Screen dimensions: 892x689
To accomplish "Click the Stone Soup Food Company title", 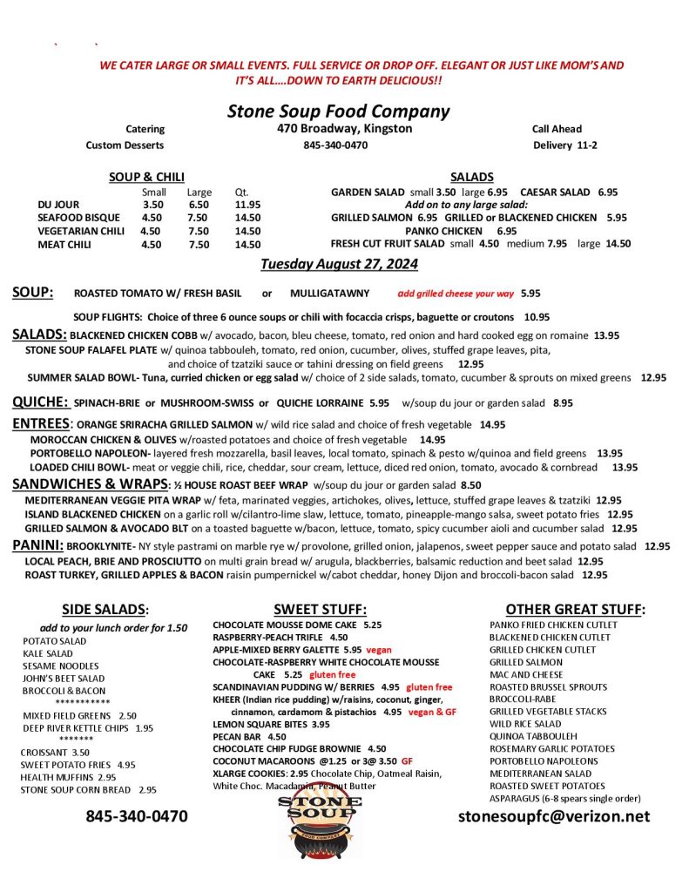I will (x=338, y=111).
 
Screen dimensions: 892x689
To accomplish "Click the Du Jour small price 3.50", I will (x=152, y=205).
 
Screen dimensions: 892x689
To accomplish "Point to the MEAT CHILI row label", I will (x=65, y=245).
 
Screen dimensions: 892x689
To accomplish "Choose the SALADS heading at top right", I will (x=472, y=177).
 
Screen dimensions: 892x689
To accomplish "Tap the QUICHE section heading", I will (x=40, y=402).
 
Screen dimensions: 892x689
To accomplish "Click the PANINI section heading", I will (x=37, y=545).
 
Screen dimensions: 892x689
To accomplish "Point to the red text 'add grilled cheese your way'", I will (x=456, y=293).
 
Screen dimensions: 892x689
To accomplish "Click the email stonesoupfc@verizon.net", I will (x=554, y=816).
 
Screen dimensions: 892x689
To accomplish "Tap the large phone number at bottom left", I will (x=136, y=816).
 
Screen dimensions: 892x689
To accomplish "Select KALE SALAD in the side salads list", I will (x=48, y=653).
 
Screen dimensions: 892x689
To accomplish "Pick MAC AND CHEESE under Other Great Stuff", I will (x=526, y=674).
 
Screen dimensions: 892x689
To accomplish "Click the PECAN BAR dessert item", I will (x=237, y=736).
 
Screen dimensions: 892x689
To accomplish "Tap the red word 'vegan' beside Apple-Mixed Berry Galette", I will (x=378, y=650).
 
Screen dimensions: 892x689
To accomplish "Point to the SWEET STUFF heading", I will (x=320, y=610).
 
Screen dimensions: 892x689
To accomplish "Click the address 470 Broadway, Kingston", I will (x=339, y=129).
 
